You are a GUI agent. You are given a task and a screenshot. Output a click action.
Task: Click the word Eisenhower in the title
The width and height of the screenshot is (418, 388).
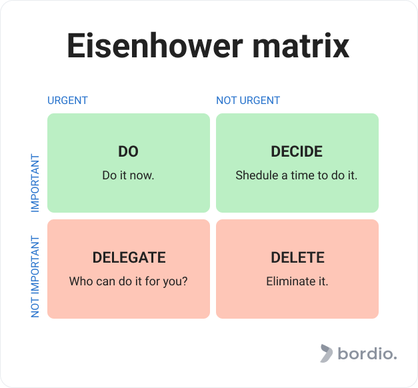[155, 45]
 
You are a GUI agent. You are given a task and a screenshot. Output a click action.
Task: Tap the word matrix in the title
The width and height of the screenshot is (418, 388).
[301, 45]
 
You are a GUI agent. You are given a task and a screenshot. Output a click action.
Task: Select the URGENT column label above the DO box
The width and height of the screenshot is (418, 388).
[67, 101]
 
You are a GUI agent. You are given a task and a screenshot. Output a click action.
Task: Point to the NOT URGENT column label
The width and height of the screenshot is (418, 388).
[248, 101]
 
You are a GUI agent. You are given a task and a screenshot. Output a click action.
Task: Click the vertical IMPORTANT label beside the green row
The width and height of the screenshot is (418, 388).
[35, 183]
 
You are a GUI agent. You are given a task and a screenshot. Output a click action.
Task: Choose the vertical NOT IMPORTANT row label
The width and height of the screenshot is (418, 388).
[35, 277]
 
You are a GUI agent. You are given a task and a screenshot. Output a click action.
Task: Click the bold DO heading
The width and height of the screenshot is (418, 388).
[128, 151]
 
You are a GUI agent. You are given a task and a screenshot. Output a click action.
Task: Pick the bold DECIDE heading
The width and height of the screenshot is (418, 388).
[297, 151]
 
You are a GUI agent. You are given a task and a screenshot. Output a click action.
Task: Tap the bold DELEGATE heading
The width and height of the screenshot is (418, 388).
[129, 257]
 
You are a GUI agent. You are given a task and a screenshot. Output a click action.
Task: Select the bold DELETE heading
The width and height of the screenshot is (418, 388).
[297, 257]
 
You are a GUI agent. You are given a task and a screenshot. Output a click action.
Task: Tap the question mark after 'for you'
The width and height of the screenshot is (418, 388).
[185, 281]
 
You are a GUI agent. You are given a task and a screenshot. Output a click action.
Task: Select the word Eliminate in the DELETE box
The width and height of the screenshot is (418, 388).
[289, 281]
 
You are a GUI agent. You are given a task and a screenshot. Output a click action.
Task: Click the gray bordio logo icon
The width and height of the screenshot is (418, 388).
[327, 353]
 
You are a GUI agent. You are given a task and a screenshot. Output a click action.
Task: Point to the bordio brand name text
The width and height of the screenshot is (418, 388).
[367, 353]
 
